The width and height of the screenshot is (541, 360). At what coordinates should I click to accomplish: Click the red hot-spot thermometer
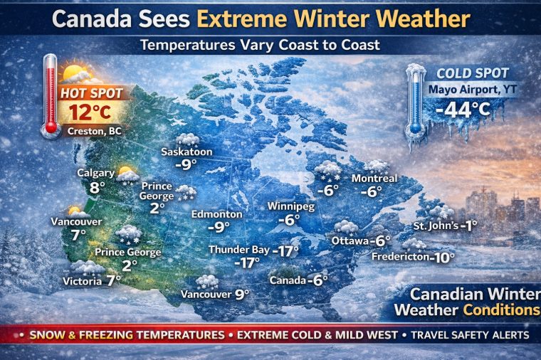coord(50,96)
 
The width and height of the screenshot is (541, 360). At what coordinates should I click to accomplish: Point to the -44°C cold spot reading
coord(463,110)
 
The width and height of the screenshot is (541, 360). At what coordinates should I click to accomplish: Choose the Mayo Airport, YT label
coord(463,90)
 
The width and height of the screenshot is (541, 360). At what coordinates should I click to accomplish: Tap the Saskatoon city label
coord(187,152)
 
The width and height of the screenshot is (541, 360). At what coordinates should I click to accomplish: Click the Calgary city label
coord(96,173)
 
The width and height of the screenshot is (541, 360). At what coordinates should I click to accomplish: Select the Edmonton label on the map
coord(217,213)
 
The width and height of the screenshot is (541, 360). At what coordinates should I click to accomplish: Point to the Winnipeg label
coord(290,206)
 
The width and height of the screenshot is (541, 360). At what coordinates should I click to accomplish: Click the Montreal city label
coord(374,178)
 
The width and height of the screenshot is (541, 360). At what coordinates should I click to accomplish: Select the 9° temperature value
coord(243,293)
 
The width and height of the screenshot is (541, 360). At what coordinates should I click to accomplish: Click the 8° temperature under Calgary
coord(97,188)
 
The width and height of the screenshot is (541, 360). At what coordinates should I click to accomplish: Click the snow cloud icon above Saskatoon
coord(187,139)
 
